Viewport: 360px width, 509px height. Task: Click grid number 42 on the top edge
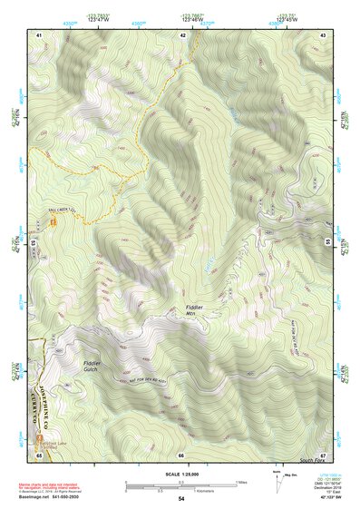(x=183, y=34)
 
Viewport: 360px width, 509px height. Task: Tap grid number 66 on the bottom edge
(x=181, y=454)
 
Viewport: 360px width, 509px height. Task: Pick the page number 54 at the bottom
(x=181, y=498)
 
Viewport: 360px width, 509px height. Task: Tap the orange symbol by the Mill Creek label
(x=54, y=221)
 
